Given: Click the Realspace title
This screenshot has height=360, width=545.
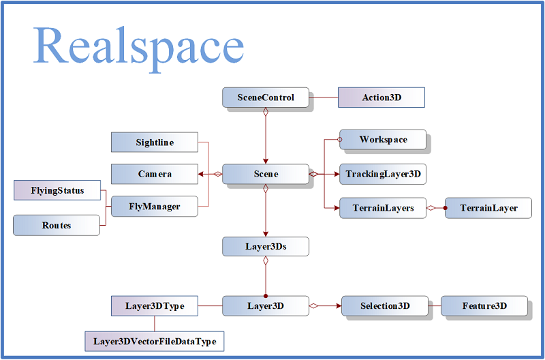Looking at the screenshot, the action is coord(138,48).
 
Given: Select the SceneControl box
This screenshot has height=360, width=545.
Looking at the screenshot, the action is coord(266,97).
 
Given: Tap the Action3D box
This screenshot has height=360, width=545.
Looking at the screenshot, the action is coord(381,97).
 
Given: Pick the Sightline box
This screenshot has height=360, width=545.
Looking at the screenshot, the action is coord(155,142).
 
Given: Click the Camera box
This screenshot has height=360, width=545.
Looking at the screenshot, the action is coord(155,174).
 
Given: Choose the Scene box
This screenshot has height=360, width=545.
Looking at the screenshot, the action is coord(266,174).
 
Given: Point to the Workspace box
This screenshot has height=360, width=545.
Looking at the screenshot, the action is coord(383,140).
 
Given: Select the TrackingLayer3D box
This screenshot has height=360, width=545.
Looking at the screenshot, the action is coord(383,174).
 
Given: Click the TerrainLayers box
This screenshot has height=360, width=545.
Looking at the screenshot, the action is coord(383,208).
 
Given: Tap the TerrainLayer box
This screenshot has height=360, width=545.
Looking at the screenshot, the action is coord(488,208).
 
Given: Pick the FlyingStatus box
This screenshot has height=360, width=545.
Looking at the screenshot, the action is coord(57,190).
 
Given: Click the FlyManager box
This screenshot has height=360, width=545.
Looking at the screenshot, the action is coord(155,207).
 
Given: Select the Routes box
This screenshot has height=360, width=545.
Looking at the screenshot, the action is coord(57,225).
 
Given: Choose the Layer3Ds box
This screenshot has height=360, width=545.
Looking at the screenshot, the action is coord(266,246).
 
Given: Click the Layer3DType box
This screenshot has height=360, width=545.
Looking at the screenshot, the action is coord(155,305).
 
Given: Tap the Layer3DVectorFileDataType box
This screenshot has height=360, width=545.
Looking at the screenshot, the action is coord(155,341).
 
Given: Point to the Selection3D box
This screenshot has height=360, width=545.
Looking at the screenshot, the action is coord(385,305).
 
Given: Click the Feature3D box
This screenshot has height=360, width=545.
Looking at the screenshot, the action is coord(484,305).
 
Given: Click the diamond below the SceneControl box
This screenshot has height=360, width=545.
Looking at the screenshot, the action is coord(266,112).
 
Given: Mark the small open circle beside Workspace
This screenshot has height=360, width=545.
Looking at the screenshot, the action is coord(339,140).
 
